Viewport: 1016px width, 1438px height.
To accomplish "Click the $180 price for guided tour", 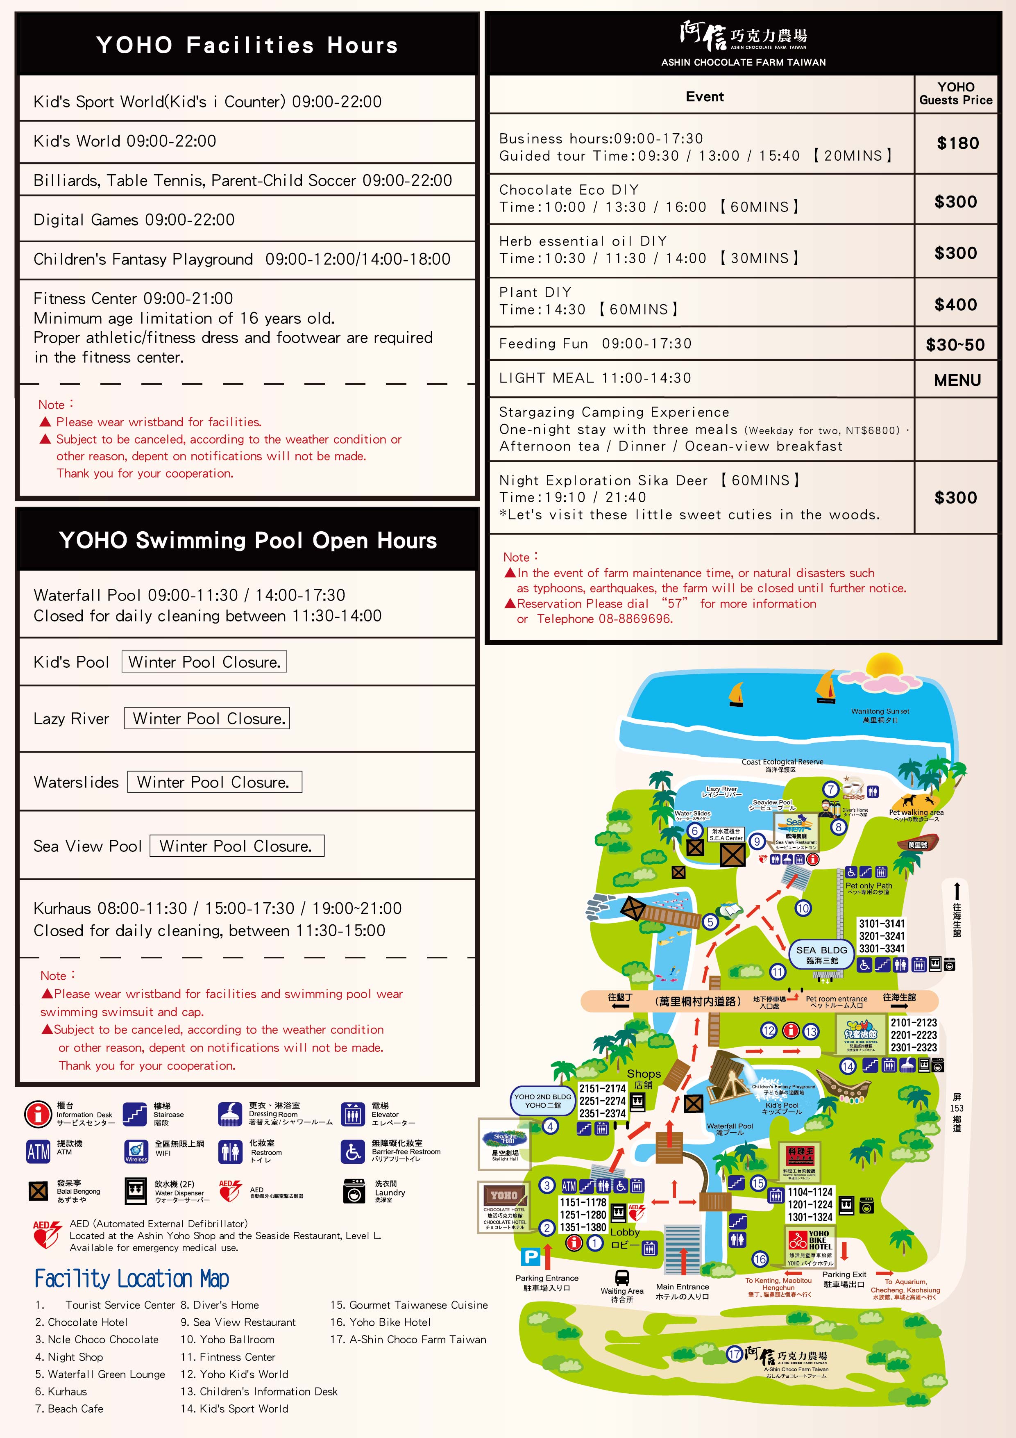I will click(957, 143).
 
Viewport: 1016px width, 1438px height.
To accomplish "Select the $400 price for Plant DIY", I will click(955, 305).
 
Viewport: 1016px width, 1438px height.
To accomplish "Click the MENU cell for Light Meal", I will click(957, 380).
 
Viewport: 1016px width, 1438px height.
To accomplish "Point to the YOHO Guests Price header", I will click(956, 93).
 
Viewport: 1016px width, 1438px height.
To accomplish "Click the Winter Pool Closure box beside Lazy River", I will click(206, 718).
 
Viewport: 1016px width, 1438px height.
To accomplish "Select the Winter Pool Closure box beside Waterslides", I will click(214, 782).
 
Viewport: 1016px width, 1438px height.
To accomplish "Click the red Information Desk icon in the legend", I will click(38, 1114).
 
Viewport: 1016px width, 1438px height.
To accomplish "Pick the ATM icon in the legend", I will click(38, 1151).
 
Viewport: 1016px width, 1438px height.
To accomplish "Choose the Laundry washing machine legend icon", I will click(354, 1190).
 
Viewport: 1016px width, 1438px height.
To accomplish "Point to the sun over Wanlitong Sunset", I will click(883, 671).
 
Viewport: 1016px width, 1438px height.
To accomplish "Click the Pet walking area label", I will click(916, 812).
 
